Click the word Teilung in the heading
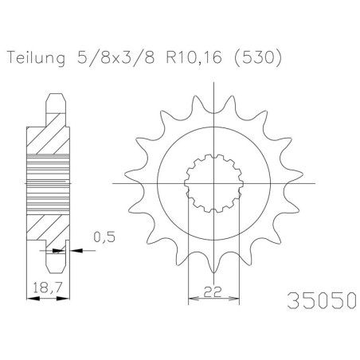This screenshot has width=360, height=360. click(x=36, y=57)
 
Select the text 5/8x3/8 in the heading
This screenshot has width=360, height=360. click(x=115, y=57)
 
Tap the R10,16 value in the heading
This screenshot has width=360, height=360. click(x=194, y=57)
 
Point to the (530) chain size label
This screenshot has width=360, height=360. click(x=257, y=57)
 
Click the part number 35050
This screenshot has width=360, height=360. click(x=322, y=300)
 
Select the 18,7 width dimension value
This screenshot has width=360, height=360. click(x=48, y=288)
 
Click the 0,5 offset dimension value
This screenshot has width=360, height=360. click(x=104, y=237)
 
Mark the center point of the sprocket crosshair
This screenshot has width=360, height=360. click(x=213, y=183)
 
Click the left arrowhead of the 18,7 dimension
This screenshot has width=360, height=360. click(x=33, y=299)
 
